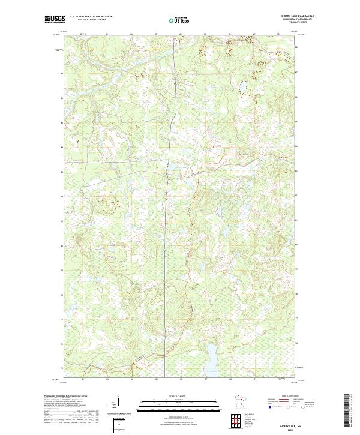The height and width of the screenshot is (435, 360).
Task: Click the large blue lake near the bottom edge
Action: point(211,359)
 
